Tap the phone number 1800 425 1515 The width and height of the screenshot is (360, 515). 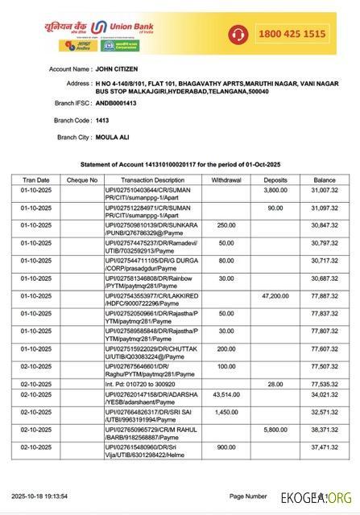coord(292,33)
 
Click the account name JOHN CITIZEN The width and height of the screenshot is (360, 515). coord(120,70)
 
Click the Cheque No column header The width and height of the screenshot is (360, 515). coord(81,180)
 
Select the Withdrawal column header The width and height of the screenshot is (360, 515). coord(231,180)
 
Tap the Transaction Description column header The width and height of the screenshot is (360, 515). coord(152,180)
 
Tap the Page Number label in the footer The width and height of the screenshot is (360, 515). coord(248,496)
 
